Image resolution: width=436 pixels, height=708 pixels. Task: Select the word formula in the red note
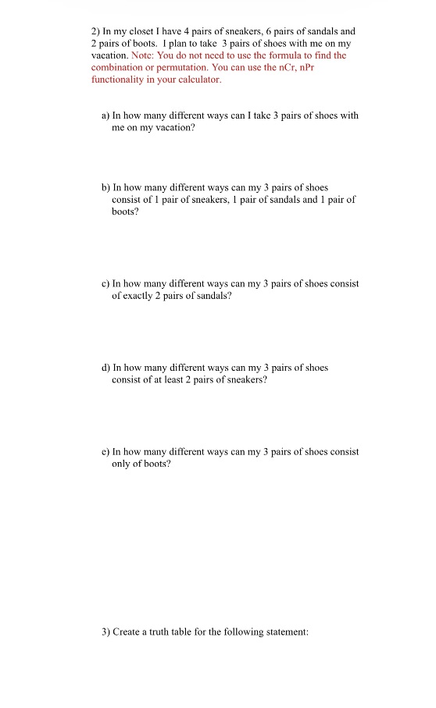point(296,56)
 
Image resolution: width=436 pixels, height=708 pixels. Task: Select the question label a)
point(106,116)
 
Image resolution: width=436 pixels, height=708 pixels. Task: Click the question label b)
point(106,188)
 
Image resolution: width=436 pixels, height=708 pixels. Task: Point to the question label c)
point(106,284)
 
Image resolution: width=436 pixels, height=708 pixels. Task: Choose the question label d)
point(106,368)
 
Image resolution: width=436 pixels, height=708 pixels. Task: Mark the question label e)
point(106,452)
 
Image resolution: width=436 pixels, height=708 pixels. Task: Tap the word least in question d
point(178,379)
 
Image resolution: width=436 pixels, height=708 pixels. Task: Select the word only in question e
point(122,464)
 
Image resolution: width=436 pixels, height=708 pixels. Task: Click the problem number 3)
point(106,632)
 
